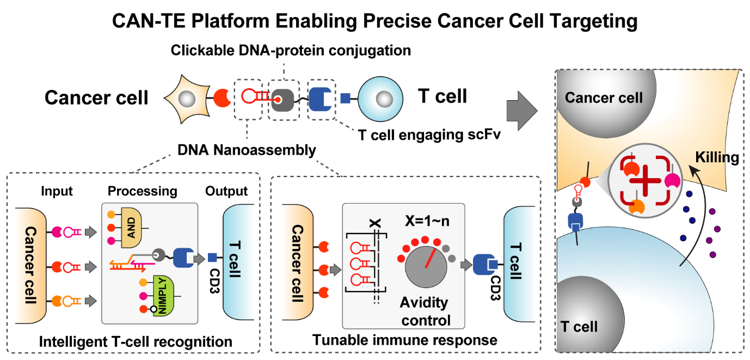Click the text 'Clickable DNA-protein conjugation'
pyautogui.click(x=291, y=51)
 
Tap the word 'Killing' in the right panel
pyautogui.click(x=717, y=158)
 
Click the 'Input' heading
pyautogui.click(x=56, y=191)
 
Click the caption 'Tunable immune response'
pyautogui.click(x=405, y=340)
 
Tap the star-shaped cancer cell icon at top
pyautogui.click(x=186, y=99)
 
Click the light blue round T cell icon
pyautogui.click(x=380, y=99)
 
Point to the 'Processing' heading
pyautogui.click(x=142, y=191)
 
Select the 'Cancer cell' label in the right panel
pyautogui.click(x=604, y=98)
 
